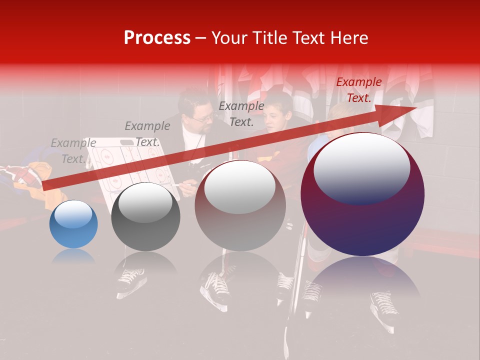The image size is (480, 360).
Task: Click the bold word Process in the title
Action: pos(157,38)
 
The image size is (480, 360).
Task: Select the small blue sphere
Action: pos(73,224)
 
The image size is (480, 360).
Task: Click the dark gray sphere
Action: pos(145,216)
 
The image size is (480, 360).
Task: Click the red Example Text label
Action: pos(358,90)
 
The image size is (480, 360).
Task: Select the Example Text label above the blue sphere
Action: pos(73,151)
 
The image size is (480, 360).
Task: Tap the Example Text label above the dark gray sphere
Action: pos(147,134)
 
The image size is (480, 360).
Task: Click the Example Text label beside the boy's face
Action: pos(241,113)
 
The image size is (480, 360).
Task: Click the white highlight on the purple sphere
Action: pos(361,167)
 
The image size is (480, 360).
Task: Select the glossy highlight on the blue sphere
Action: pos(73,216)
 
